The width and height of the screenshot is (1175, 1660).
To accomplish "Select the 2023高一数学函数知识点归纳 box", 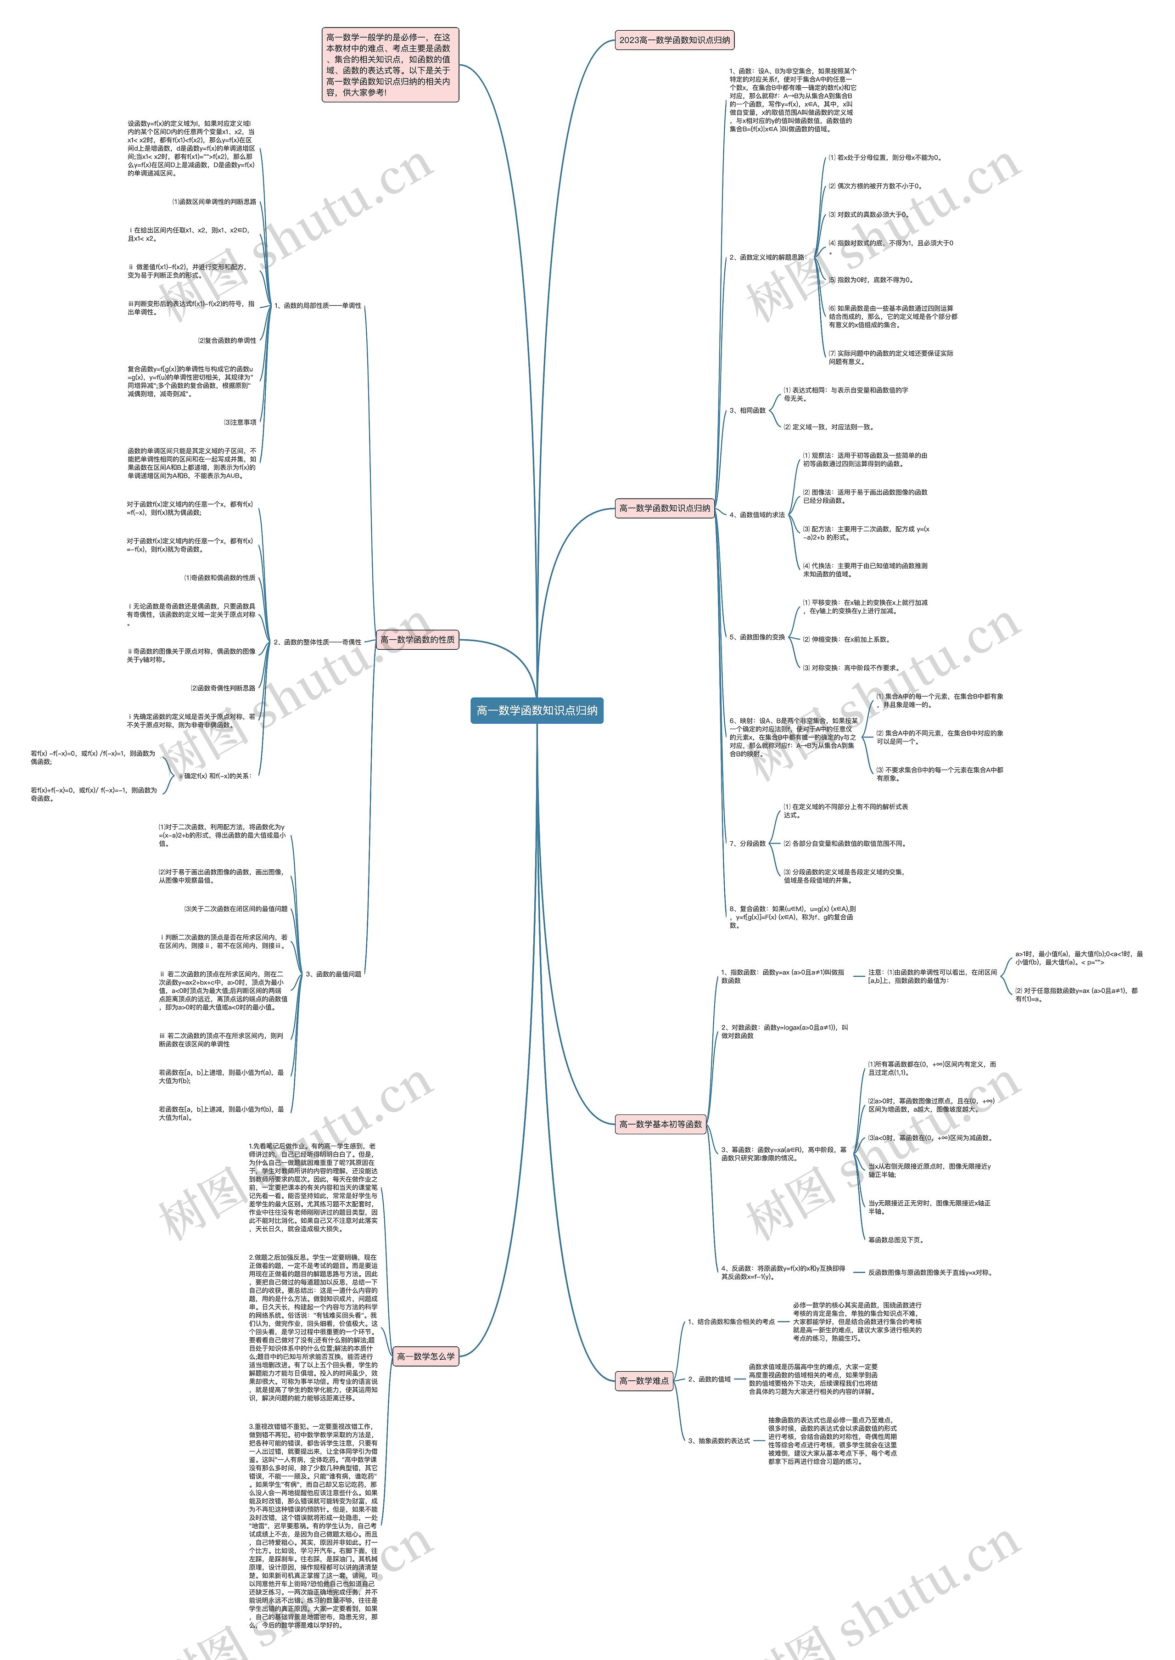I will point(674,40).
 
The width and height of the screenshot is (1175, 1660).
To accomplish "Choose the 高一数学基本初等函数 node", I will point(660,1124).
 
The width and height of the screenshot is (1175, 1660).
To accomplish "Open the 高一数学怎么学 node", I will point(425,1356).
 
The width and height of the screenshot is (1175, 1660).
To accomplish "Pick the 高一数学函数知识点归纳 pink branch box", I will point(664,508).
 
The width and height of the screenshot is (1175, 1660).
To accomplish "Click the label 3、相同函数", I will point(747,411).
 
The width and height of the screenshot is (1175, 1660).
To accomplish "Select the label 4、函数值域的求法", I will point(757,515).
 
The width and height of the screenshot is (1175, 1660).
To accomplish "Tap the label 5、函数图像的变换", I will point(757,637).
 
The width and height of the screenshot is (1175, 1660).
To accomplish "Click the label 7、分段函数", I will point(747,844).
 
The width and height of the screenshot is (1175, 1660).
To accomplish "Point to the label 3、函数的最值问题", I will point(334,973).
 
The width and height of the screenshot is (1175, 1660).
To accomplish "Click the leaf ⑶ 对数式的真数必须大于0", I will point(868,214).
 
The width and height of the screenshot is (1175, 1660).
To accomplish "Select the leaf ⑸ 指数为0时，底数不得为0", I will point(870,280).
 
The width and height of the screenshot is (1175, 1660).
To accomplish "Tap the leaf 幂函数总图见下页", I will point(896,1239).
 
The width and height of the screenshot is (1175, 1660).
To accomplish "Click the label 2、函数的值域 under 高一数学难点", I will point(709,1379).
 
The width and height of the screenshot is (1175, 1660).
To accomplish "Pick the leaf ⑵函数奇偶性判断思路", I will point(223,688).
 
